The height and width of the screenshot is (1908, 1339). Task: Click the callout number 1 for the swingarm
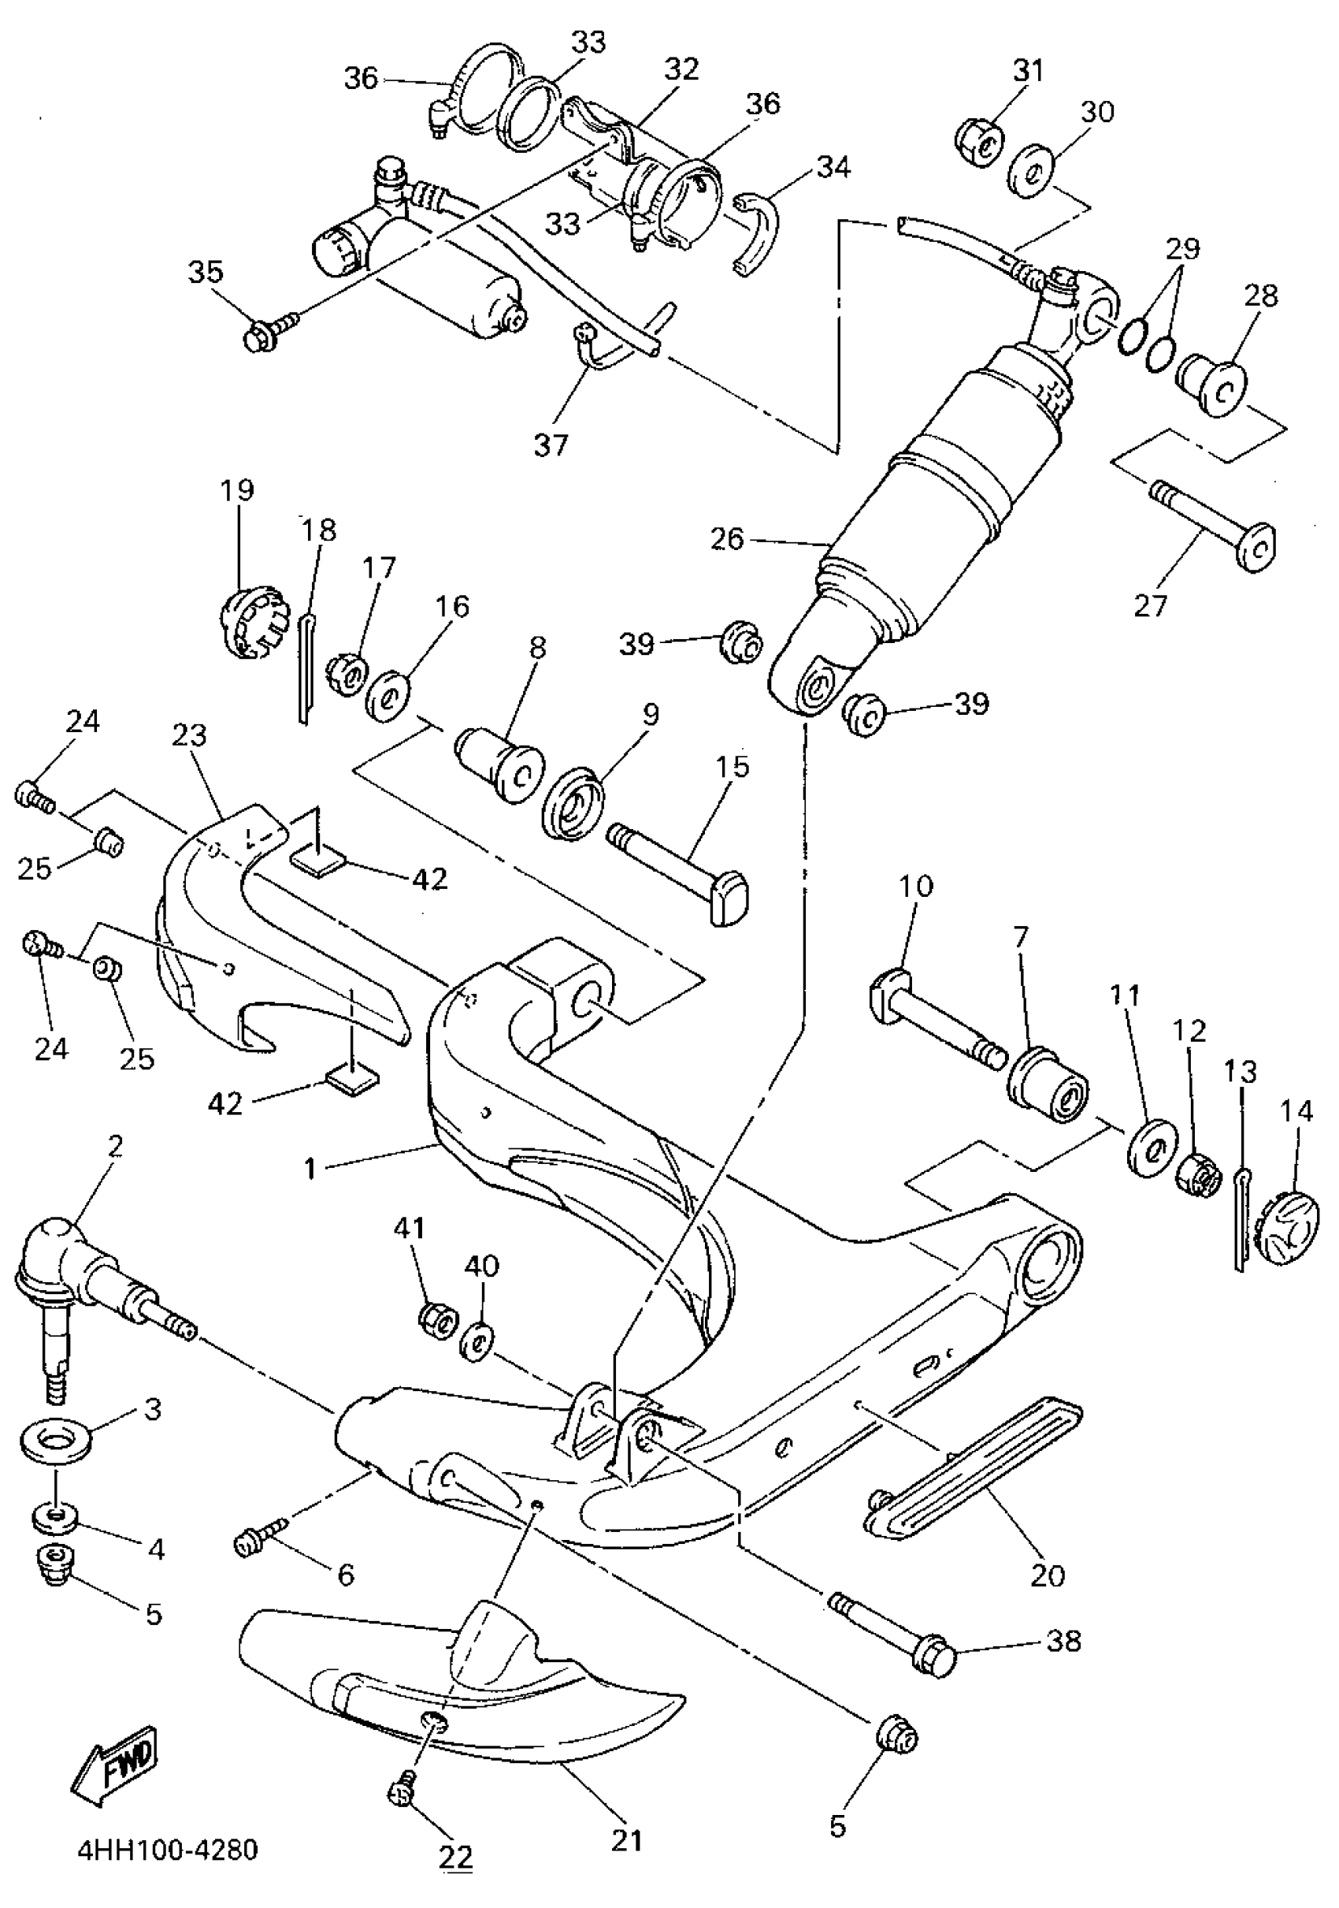pos(310,1169)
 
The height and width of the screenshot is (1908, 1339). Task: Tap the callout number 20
pos(1046,1572)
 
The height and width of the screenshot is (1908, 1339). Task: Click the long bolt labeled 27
pos(1213,531)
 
